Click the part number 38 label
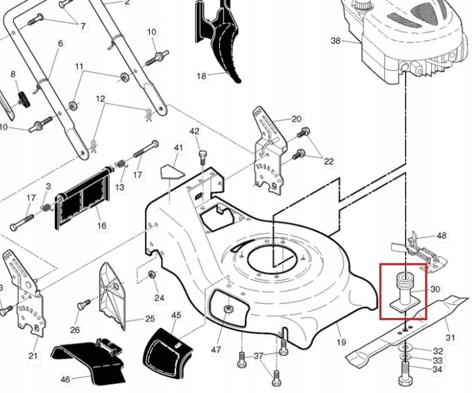click(336, 41)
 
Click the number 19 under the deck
click(341, 342)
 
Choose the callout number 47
click(216, 349)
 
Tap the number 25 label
click(150, 319)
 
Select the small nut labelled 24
click(152, 276)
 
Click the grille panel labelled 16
click(83, 198)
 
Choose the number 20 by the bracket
click(297, 119)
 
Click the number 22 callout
click(329, 161)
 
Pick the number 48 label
click(442, 236)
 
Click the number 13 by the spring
click(120, 187)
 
